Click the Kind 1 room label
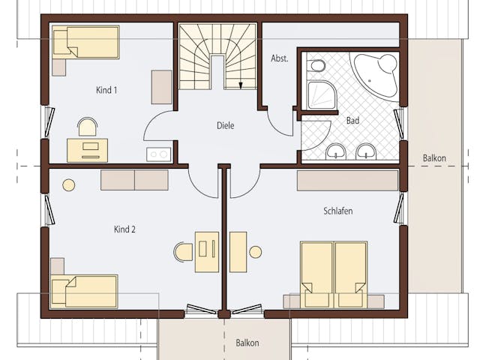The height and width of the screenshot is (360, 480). [x=106, y=90]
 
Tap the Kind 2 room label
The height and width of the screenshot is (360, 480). [x=124, y=229]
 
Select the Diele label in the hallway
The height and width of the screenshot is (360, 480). [x=225, y=125]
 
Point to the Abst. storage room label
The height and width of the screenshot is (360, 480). [x=280, y=58]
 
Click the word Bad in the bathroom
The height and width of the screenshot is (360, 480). [x=352, y=121]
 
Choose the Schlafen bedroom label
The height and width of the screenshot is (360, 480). [x=338, y=211]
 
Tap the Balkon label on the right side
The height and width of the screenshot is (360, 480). [x=434, y=158]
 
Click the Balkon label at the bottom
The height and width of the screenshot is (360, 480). [x=247, y=343]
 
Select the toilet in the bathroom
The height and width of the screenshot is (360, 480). [x=316, y=65]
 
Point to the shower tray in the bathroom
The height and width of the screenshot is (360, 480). [x=322, y=95]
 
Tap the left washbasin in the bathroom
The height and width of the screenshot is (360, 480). [x=336, y=151]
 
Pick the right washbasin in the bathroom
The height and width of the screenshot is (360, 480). [x=366, y=151]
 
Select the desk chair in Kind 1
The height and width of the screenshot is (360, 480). [x=88, y=127]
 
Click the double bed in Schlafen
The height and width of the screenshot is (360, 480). [x=334, y=275]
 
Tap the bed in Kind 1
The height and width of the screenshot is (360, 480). [x=85, y=42]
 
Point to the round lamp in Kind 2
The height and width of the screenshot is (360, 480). [x=68, y=185]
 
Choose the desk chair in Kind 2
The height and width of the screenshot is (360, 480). [x=184, y=252]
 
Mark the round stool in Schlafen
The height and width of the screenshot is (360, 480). [x=256, y=252]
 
